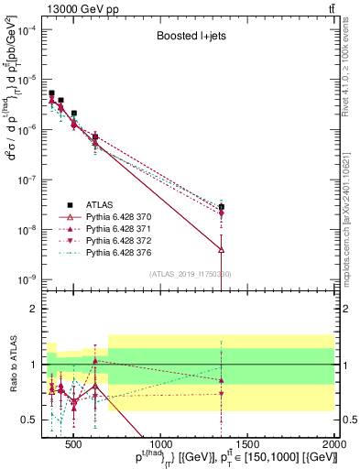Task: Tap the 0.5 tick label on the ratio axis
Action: point(33,420)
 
